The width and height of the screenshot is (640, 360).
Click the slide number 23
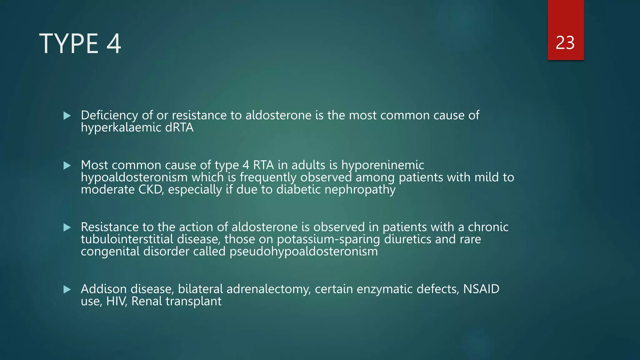point(565,43)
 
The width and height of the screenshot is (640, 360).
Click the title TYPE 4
point(80,44)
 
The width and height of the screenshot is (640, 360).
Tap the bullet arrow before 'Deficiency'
point(67,116)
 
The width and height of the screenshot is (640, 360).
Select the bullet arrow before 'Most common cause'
point(67,165)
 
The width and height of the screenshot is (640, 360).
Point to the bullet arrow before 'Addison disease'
point(67,289)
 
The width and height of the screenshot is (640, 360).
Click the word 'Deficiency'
point(109,116)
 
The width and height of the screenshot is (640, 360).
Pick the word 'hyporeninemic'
point(382,165)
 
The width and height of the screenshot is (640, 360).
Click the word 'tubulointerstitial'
point(127,239)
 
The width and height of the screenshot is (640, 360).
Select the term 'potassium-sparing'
point(328,239)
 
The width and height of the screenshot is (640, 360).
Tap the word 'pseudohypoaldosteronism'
point(303,252)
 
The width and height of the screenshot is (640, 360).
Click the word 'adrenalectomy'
point(268,289)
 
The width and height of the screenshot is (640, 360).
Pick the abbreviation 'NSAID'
point(481,289)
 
